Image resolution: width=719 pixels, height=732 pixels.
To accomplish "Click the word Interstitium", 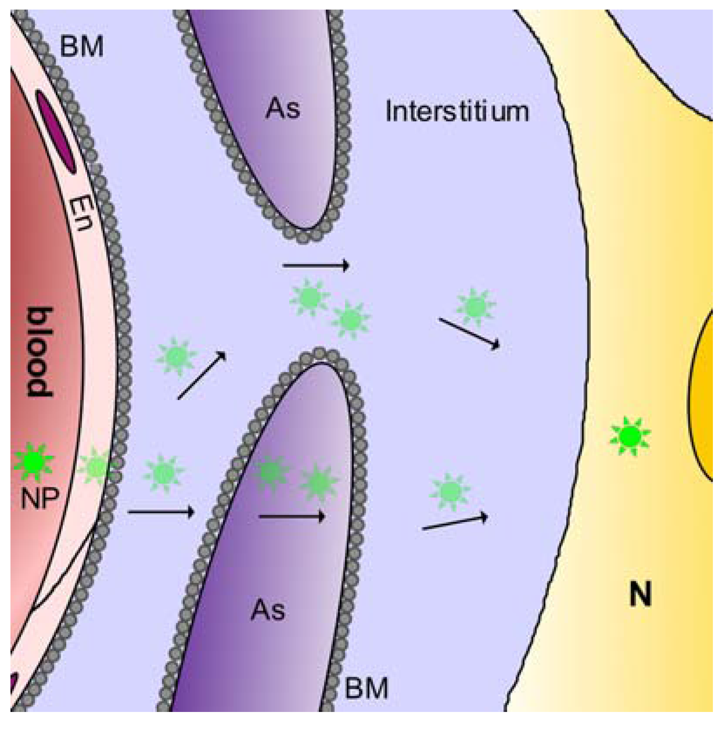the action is point(457,111).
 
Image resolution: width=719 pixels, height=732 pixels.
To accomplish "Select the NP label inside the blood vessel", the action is point(39,498).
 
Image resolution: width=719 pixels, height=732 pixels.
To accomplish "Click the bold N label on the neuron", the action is point(640,594).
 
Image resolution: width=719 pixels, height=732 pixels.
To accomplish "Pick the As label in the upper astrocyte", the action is point(283,108).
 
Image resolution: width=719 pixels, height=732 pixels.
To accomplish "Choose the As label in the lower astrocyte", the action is point(268,610).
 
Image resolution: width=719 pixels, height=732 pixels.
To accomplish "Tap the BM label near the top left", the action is point(81,47).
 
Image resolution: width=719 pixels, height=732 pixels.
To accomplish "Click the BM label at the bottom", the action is point(366,688).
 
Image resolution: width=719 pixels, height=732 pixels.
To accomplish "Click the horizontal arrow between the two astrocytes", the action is point(316,265).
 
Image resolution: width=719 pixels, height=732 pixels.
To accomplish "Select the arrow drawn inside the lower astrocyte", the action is point(292,516).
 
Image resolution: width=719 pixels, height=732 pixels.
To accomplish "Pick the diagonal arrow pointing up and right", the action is point(202,375).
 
